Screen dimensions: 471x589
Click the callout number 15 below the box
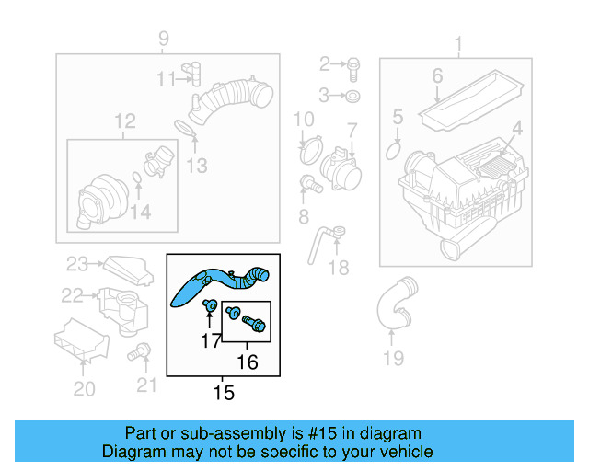pos(224,394)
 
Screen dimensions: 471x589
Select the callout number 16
pos(248,362)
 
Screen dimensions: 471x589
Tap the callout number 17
pos(211,341)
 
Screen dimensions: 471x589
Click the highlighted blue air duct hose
pos(216,281)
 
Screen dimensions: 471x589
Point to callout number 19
pos(393,358)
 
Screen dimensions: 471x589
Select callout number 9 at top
pos(164,39)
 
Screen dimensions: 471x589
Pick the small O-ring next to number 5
pos(395,148)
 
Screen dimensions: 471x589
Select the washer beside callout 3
pos(354,96)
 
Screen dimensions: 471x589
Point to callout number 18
pos(339,268)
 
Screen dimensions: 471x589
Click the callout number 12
pos(124,121)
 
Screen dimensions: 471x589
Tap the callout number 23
pos(76,265)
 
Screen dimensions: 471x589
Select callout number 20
pos(84,389)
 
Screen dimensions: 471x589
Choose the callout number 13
pos(196,166)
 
